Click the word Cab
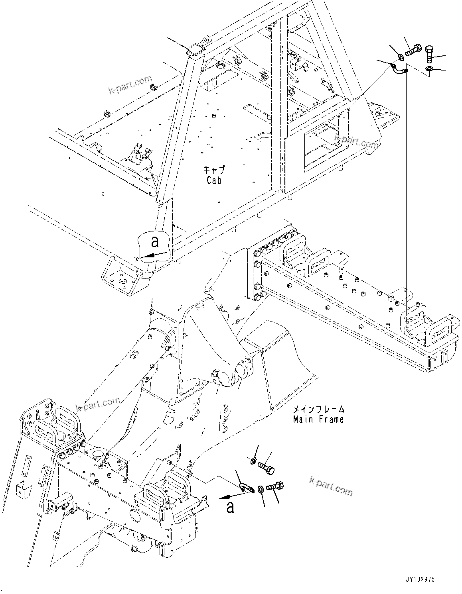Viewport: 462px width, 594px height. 214,180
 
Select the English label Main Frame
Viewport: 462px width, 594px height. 318,419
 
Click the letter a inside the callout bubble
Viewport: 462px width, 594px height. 155,242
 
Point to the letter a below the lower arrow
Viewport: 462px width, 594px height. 229,507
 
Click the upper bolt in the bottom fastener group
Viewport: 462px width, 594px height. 266,467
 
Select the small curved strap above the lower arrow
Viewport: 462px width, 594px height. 247,487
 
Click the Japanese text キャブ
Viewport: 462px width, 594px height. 214,170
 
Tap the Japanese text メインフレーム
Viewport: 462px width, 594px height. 318,410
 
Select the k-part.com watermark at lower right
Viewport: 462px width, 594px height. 331,485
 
